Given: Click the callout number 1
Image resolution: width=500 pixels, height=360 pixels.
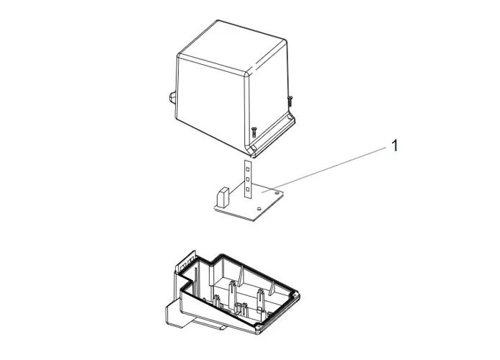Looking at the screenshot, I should click(393, 145).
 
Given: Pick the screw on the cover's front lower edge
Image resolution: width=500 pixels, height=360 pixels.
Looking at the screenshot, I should click(254, 131).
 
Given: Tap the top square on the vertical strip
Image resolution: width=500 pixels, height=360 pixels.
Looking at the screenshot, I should click(247, 166).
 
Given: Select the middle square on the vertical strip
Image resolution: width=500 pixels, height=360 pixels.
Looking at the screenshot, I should click(247, 177).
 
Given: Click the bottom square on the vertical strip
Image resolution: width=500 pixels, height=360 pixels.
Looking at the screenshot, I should click(247, 189).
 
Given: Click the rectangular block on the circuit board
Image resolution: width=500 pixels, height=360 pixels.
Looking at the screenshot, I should click(223, 195).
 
